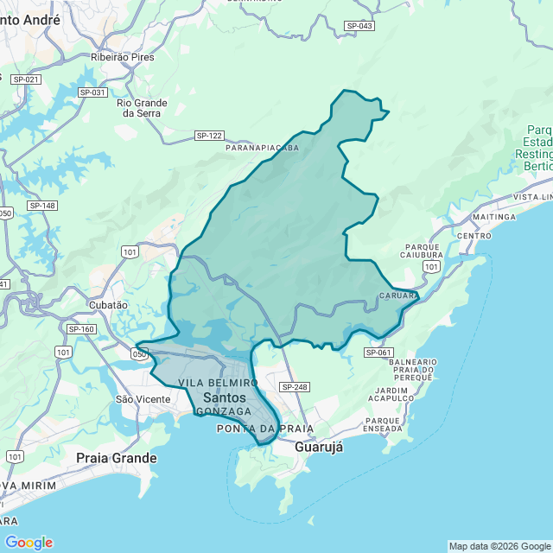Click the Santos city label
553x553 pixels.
[224, 397]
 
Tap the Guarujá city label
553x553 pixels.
[319, 447]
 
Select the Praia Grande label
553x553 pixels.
[117, 457]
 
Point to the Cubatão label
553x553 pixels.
[108, 305]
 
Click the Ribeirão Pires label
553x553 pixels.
[122, 57]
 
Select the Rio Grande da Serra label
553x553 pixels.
[142, 108]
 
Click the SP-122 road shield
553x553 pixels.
[209, 136]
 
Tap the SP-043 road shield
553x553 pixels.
[359, 26]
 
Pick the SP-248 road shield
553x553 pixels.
[295, 386]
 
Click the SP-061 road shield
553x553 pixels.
[378, 353]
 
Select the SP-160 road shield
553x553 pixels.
[81, 329]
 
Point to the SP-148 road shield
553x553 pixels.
[42, 205]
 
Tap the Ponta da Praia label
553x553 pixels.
[253, 429]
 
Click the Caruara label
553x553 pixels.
[398, 296]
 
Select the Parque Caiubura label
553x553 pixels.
[423, 251]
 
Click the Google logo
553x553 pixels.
[29, 543]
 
